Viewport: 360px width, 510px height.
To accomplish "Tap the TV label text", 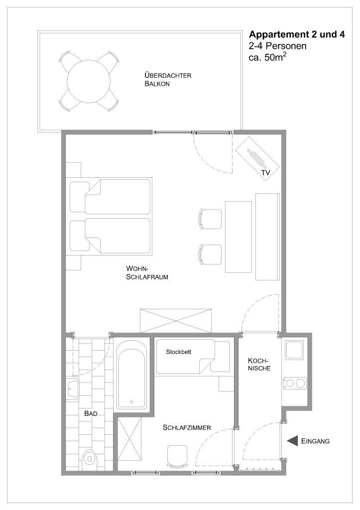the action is tap(266, 173).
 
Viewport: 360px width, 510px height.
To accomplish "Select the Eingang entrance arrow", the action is tap(293, 441).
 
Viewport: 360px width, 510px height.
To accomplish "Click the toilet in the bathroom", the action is tap(89, 458).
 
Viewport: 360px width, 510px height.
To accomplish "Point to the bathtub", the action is tap(131, 375).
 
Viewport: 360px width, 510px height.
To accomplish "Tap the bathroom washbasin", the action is tap(72, 387).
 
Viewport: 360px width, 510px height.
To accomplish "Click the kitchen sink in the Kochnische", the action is tap(294, 350).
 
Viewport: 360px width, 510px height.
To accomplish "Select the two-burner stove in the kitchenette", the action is tap(295, 383).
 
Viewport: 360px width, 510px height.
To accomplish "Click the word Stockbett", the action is tap(179, 352).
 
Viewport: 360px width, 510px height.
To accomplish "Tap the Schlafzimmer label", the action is tap(187, 428).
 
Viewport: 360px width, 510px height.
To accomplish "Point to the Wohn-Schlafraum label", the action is tap(147, 273).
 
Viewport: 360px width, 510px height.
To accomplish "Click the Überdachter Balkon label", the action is tap(168, 79).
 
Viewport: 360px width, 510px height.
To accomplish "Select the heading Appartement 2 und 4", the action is tap(297, 34).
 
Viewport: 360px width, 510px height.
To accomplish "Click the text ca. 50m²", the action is tap(267, 57).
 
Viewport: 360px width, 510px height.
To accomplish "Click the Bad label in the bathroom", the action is tap(91, 414).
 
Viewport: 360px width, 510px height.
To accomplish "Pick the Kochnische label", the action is tap(259, 364).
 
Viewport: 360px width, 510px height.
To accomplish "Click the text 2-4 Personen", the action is tap(277, 46).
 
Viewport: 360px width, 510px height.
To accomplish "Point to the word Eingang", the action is tap(316, 441).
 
